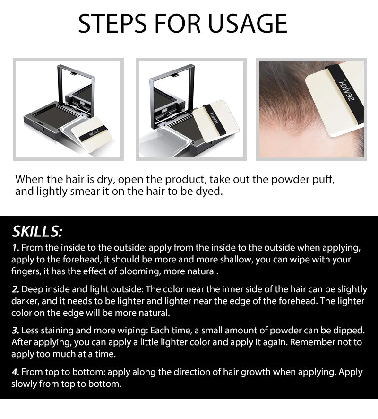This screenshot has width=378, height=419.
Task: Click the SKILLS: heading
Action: coord(37,232)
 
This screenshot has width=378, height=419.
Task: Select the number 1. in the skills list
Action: coord(16,248)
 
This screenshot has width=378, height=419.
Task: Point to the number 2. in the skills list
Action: coord(16,289)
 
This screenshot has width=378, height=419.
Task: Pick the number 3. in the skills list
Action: coord(16,330)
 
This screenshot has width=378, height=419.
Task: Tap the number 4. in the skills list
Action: coord(16,372)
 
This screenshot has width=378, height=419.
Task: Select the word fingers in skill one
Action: coord(24,272)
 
